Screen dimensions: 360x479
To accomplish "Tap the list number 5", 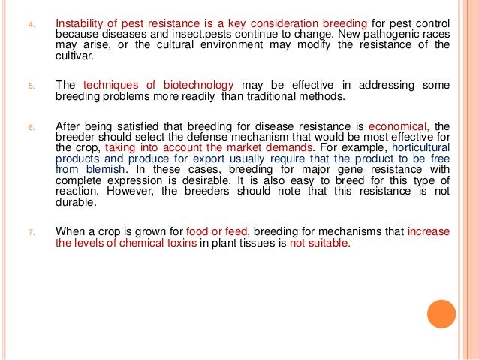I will [32, 86].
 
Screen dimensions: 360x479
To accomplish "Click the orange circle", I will [442, 313].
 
